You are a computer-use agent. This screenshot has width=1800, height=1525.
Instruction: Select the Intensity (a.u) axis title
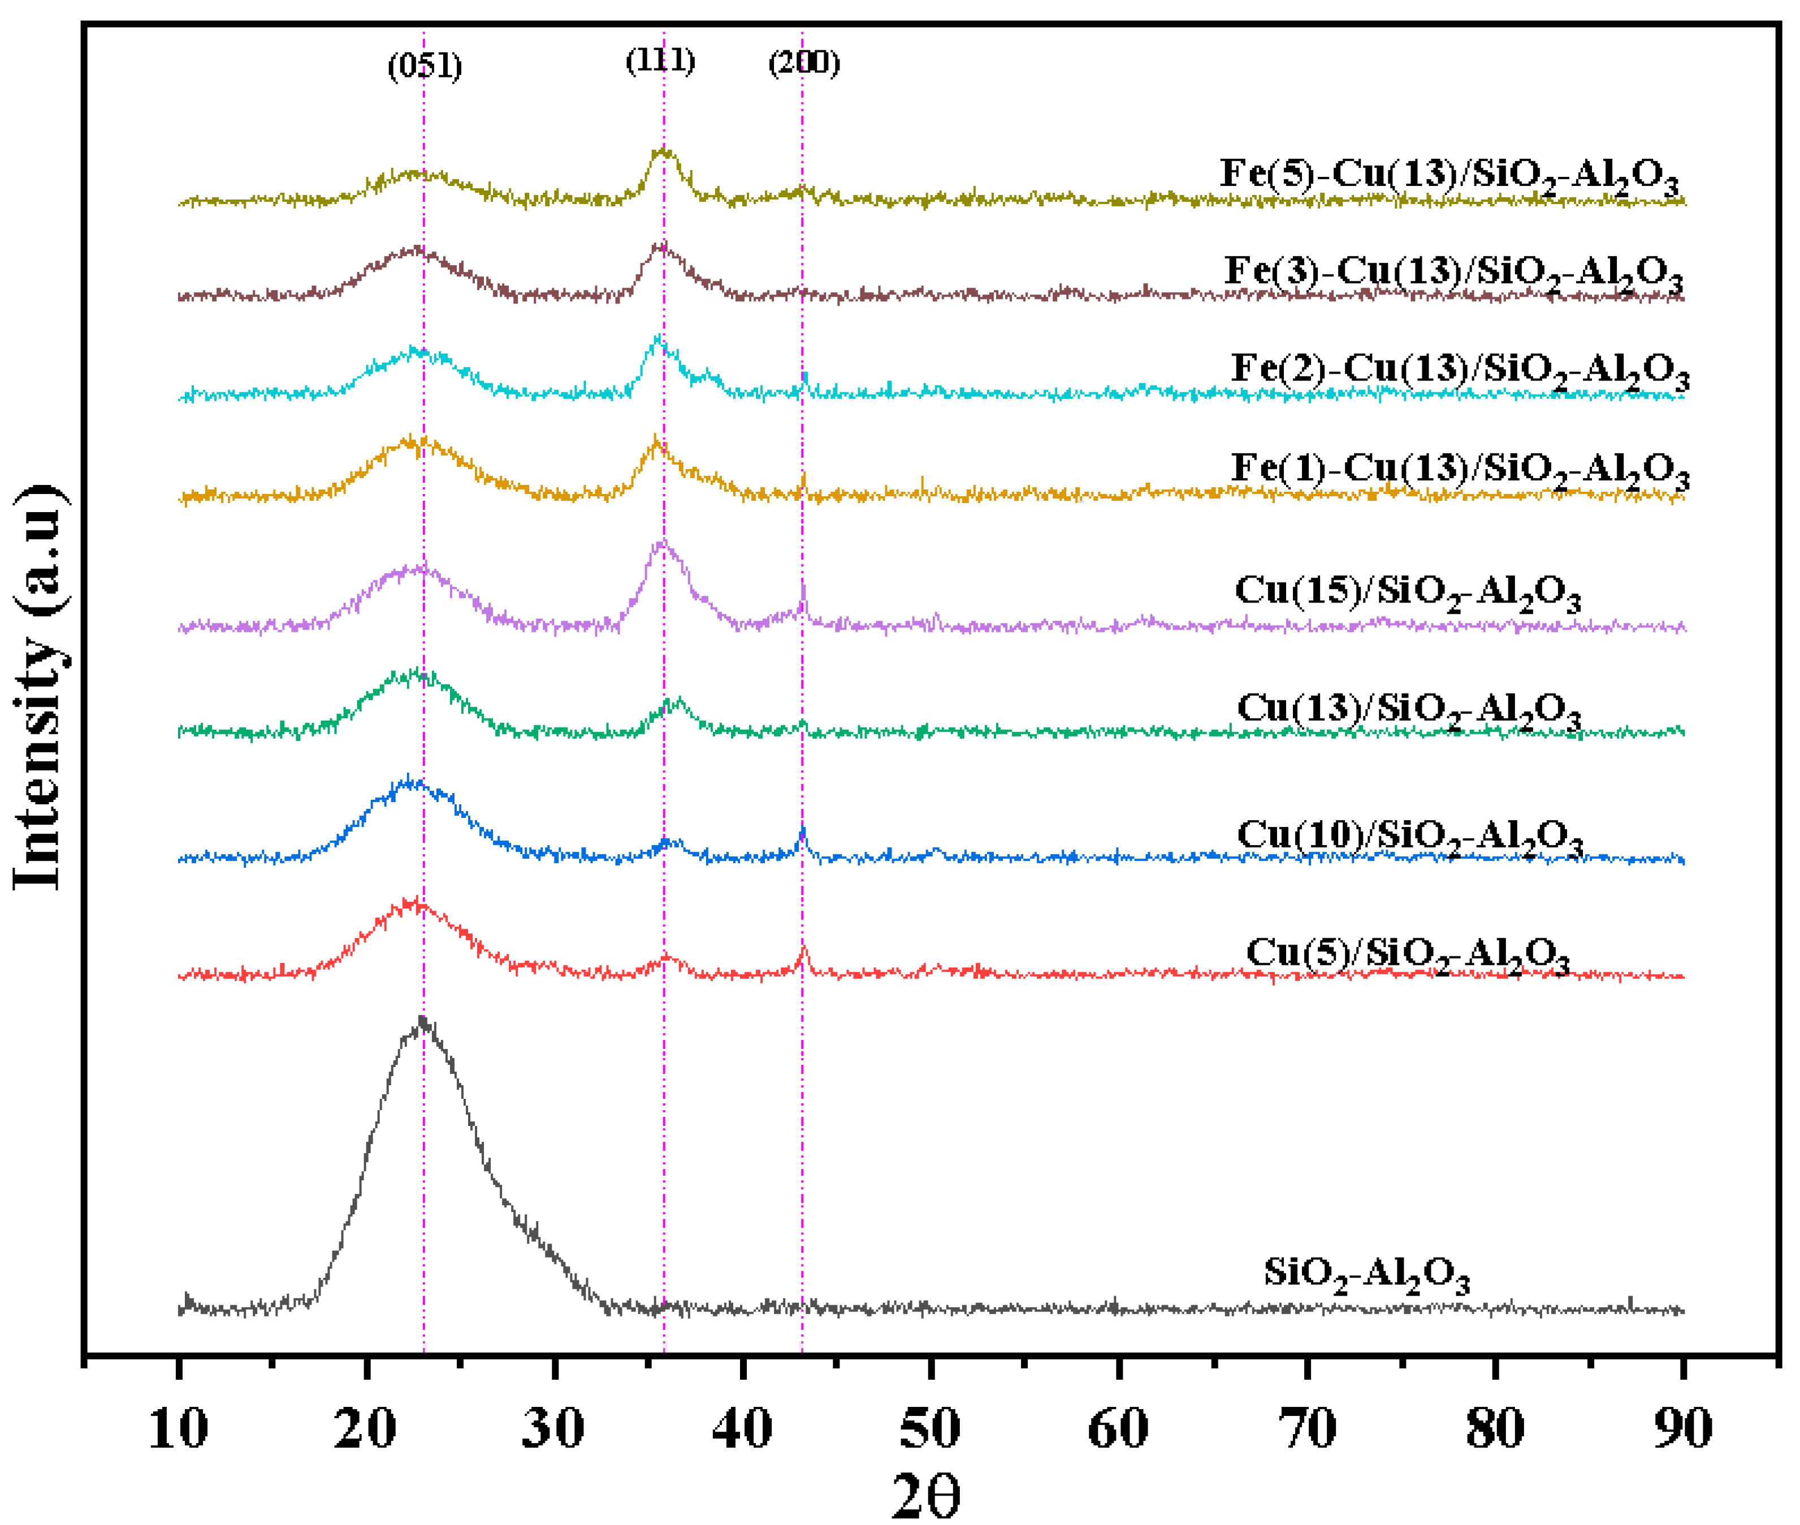pos(39,687)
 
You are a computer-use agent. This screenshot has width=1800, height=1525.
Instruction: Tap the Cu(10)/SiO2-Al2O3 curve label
pos(1410,838)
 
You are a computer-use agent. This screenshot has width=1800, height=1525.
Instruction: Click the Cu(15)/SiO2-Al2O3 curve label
pos(1408,593)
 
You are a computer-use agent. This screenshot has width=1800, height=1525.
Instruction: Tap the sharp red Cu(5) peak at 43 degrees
pos(803,949)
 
